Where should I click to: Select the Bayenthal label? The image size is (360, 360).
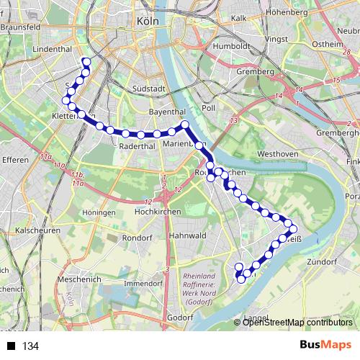(x=166, y=112)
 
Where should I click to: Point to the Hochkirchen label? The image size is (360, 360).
(x=156, y=213)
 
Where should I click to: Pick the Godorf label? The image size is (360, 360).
(x=179, y=317)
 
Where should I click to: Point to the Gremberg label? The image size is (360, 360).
(x=255, y=72)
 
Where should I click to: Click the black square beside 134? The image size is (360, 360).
(x=11, y=346)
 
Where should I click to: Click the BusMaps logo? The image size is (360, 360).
(x=326, y=346)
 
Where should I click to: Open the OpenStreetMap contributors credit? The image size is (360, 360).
(x=297, y=322)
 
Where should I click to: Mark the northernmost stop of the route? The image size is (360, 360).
(x=86, y=61)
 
